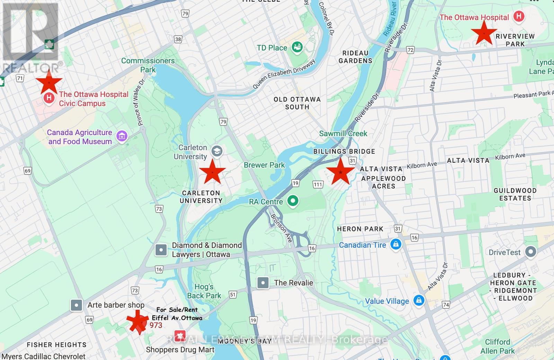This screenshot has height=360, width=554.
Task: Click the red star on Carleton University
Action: point(212,172)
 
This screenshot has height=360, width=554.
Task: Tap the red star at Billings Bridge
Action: point(341,172)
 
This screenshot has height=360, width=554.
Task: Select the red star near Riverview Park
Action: point(484,33)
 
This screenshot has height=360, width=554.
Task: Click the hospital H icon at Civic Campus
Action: point(49,98)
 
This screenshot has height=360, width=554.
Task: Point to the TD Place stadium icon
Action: point(297,47)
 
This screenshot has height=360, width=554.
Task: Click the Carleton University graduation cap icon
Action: point(217,151)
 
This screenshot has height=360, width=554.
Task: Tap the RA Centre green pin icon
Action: point(293,201)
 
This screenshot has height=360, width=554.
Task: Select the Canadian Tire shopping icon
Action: point(395,244)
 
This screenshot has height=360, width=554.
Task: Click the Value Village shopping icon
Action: point(419,300)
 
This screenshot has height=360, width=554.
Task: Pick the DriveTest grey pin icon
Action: point(530,252)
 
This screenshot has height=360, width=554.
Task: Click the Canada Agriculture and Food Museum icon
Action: point(122,136)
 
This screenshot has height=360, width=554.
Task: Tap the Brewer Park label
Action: point(264,165)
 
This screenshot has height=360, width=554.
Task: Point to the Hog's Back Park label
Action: point(204,291)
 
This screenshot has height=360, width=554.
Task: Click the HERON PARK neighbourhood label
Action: point(360,229)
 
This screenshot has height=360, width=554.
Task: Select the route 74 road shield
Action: point(446,305)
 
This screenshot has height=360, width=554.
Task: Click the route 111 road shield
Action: point(318,184)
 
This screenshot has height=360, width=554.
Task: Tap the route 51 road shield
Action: point(233,295)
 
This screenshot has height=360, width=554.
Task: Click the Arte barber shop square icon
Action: point(76,305)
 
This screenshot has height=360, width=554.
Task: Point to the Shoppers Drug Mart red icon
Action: point(179,335)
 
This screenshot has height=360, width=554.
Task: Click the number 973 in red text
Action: point(156,325)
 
